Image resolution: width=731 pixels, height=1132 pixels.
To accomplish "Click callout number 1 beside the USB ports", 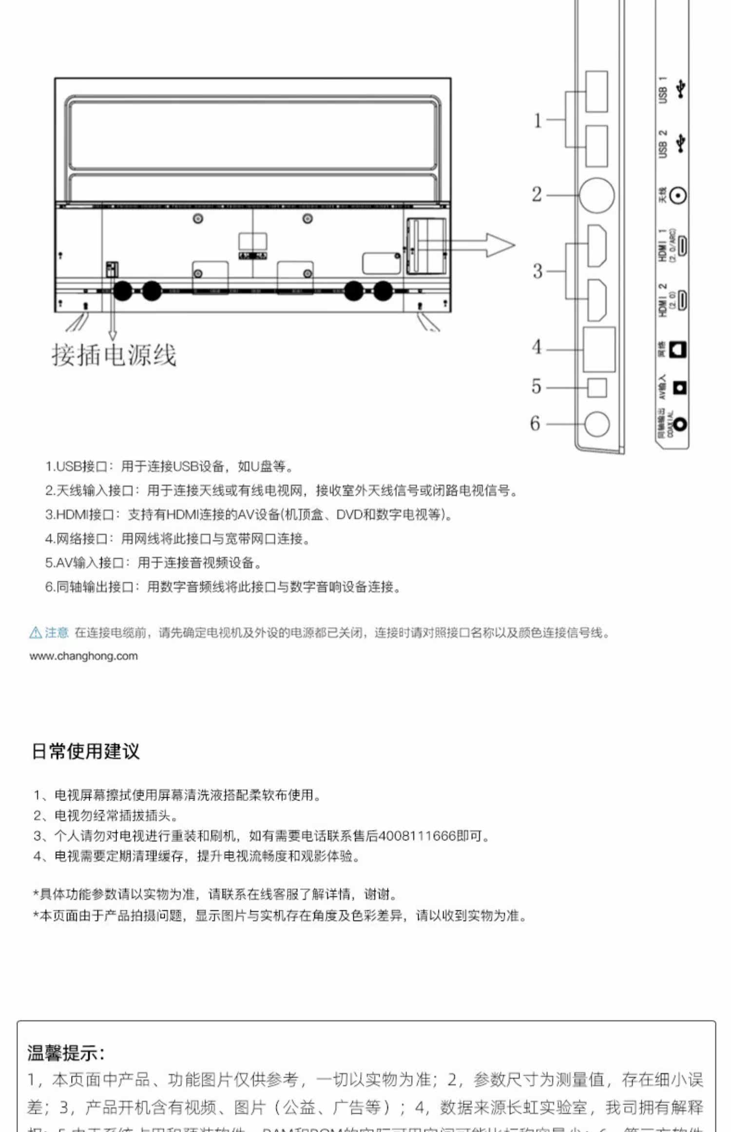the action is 538,120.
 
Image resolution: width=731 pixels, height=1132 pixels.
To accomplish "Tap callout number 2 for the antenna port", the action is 537,195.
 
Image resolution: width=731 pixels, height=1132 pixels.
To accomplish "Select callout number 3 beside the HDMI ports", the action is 537,271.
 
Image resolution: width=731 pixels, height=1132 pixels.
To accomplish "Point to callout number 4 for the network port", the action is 537,347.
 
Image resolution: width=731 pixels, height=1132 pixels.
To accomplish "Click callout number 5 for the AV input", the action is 536,387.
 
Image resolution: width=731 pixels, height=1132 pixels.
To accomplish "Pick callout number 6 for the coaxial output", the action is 535,423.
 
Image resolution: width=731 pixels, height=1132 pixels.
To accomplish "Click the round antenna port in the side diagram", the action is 596,195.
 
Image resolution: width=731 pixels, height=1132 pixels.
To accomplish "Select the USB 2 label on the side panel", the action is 663,144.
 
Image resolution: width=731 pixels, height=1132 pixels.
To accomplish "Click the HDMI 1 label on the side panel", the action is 663,246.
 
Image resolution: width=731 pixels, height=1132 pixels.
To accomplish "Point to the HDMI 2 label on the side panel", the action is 663,300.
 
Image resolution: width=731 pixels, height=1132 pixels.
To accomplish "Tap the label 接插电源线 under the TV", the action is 114,355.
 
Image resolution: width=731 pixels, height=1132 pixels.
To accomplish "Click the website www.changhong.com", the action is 83,656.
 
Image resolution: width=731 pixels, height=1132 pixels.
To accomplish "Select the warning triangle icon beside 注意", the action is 36,633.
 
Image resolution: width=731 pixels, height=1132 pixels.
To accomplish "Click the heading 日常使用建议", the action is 86,751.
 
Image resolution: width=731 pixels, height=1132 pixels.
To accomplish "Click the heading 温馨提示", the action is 66,1053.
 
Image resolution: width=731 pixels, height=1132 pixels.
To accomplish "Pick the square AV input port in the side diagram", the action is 597,388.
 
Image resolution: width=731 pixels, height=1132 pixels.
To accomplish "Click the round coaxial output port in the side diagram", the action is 596,424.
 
